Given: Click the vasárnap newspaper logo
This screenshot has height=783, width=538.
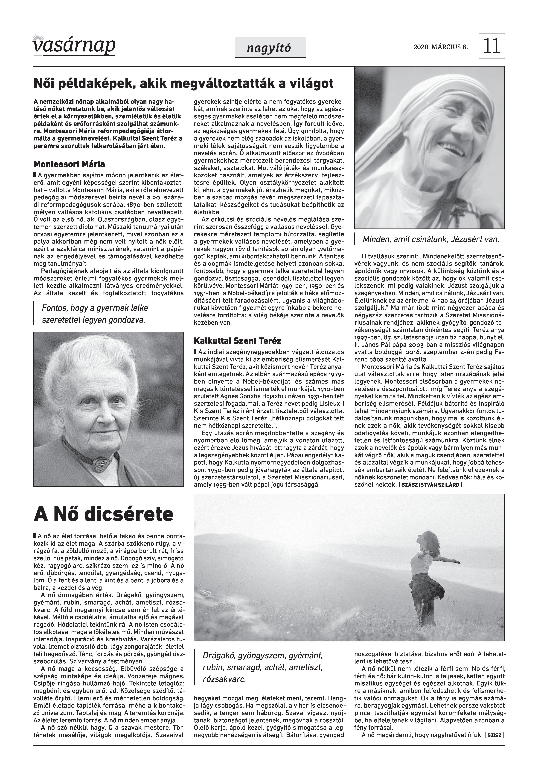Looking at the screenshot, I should (74, 46).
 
